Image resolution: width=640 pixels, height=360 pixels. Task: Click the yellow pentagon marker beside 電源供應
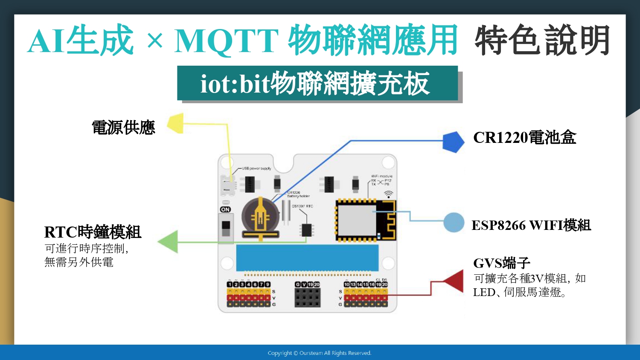[176, 123]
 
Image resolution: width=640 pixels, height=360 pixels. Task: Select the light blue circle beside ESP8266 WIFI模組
[454, 222]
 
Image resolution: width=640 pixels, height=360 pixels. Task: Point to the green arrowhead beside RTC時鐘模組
[169, 241]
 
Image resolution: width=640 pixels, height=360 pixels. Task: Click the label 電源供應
[123, 128]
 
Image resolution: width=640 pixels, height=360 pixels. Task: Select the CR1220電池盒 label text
[524, 137]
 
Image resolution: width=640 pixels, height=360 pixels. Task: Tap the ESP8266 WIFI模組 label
[531, 225]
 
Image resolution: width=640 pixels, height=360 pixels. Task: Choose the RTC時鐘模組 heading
[93, 232]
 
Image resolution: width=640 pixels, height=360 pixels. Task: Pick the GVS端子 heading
[501, 263]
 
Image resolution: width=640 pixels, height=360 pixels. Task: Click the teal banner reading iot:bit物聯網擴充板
[317, 84]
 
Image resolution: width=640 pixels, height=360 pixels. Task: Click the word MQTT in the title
[227, 41]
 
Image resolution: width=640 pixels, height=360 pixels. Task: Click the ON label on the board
[225, 209]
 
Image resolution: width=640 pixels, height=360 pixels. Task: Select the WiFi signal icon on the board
[388, 194]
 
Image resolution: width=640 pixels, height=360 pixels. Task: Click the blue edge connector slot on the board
[307, 257]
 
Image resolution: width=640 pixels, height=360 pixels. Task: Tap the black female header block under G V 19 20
[307, 297]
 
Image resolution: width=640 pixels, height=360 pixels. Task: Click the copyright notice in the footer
[320, 353]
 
